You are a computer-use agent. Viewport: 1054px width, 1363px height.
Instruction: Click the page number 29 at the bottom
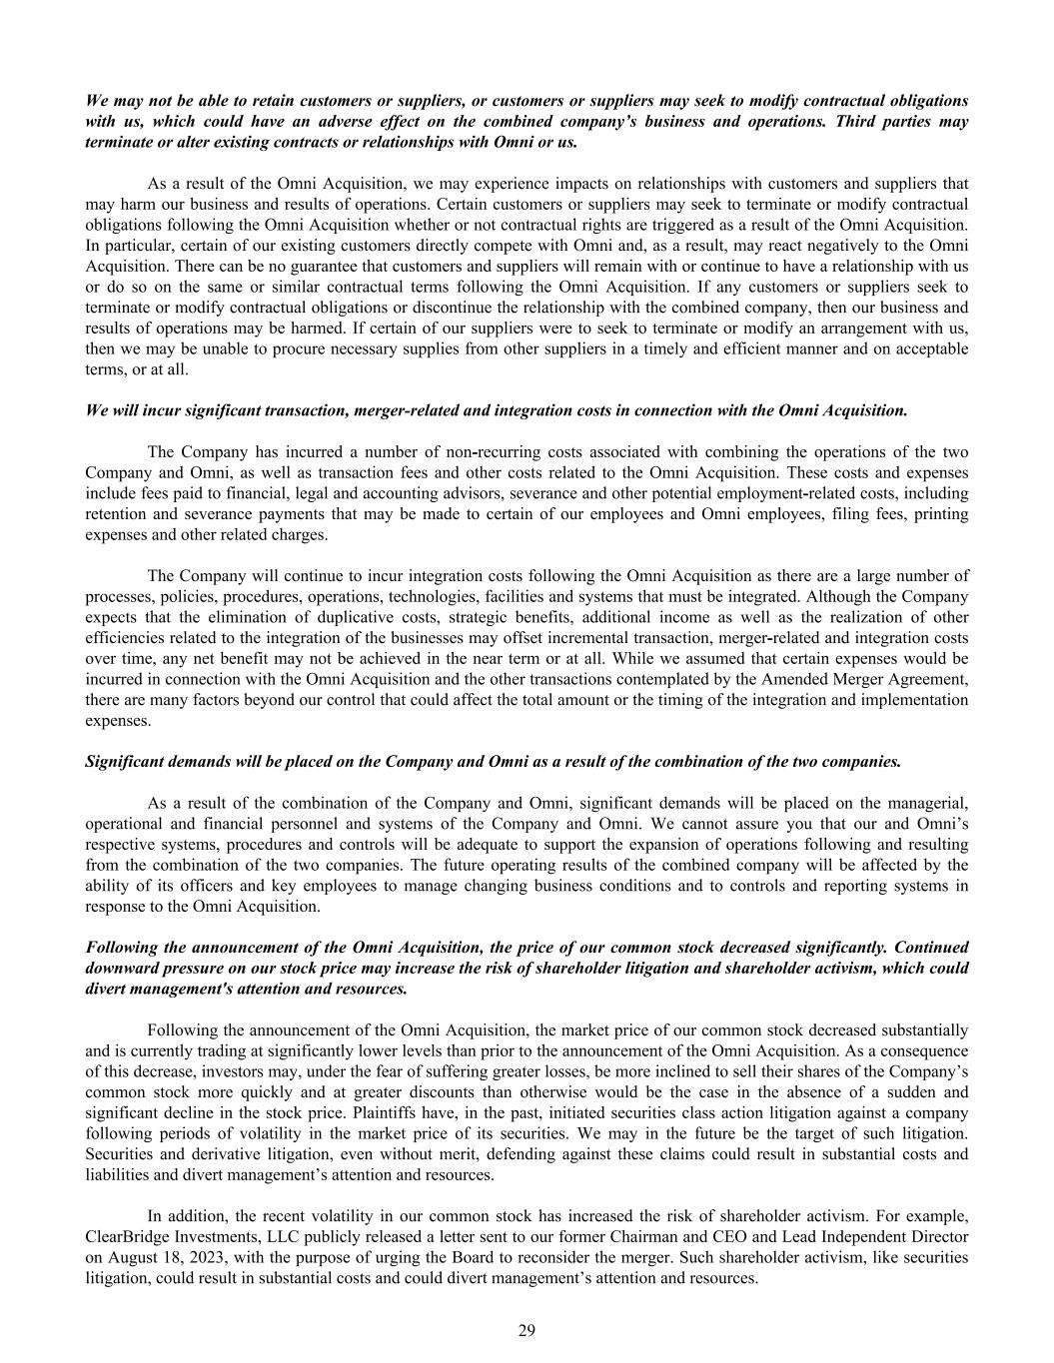click(527, 1330)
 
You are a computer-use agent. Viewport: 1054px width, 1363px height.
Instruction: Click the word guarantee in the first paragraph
click(259, 266)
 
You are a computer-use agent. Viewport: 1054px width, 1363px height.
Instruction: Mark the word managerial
click(928, 803)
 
